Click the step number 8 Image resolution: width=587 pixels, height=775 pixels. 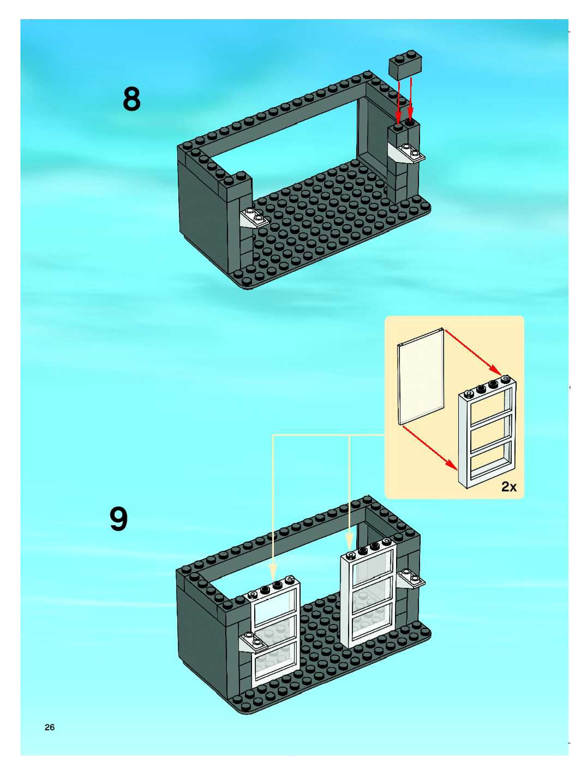tap(131, 100)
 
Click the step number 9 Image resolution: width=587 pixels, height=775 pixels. tap(119, 519)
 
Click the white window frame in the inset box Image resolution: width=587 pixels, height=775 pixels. tap(487, 434)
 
